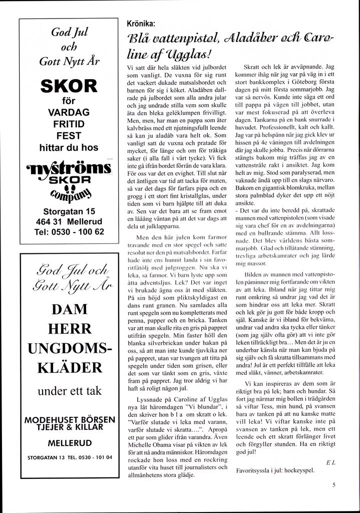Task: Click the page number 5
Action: (333, 484)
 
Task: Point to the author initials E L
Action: (330, 462)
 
